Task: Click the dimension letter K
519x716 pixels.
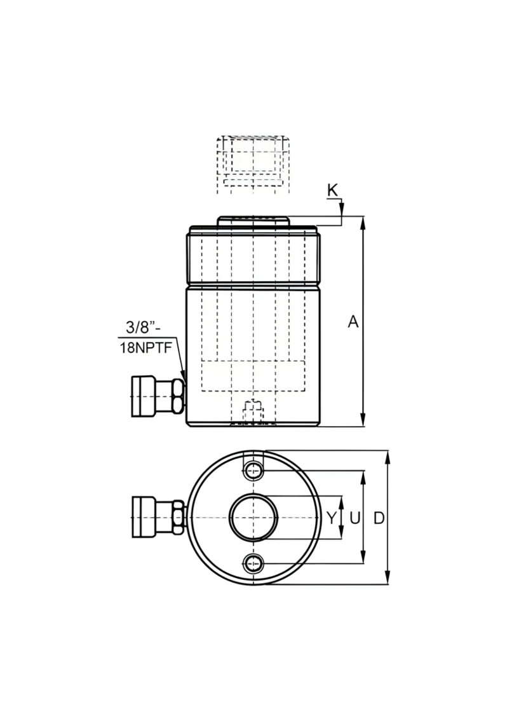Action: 333,190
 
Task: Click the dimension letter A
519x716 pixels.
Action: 353,322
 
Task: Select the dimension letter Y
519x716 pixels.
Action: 332,518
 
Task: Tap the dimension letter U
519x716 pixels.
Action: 355,518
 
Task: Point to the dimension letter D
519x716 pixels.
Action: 379,518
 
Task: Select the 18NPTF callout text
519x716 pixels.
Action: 146,348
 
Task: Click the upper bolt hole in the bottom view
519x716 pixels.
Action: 253,471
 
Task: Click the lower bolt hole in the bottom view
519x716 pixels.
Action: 253,565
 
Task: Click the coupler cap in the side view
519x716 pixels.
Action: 144,396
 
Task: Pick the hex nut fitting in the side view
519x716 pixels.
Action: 177,396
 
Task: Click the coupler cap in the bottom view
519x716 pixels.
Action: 144,517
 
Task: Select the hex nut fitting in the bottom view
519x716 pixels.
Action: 177,517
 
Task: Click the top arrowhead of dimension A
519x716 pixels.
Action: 363,221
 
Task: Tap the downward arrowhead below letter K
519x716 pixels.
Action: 341,210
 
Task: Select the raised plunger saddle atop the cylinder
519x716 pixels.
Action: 253,221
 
